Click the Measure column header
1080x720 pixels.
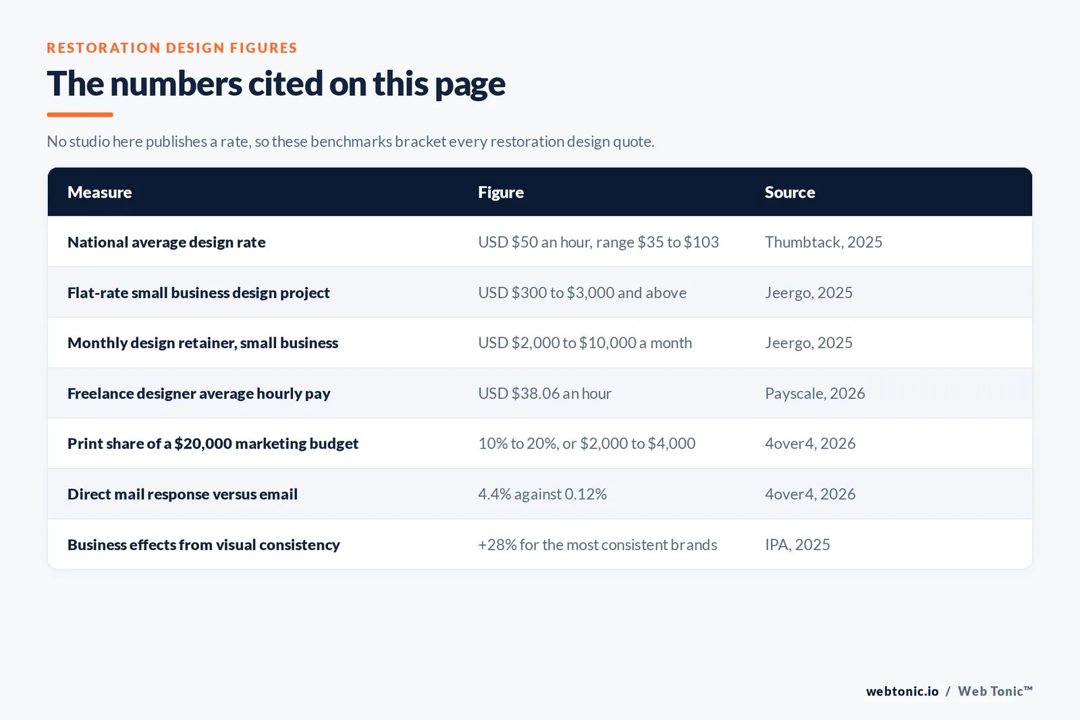coord(99,192)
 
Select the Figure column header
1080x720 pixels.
coord(500,192)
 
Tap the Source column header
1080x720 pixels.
coord(790,192)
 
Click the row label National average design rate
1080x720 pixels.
coord(166,242)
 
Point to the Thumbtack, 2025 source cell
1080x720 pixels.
coord(823,242)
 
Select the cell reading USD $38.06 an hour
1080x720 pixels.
coord(544,393)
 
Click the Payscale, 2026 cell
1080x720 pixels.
coord(815,393)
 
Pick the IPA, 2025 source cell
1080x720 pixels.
coord(797,545)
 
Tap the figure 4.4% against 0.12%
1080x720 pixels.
coord(542,494)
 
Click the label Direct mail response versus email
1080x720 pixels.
coord(182,494)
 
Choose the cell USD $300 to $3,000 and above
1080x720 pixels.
coord(582,293)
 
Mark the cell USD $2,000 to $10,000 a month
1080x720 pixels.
coord(585,343)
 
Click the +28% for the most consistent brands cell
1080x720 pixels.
coord(597,545)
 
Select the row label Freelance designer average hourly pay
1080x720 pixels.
coord(198,393)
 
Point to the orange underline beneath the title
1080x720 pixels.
coord(80,115)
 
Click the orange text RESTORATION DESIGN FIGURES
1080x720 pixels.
coord(171,48)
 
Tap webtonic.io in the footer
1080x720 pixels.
coord(902,691)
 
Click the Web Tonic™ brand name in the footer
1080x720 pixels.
coord(995,691)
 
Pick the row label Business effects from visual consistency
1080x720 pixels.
coord(203,545)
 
